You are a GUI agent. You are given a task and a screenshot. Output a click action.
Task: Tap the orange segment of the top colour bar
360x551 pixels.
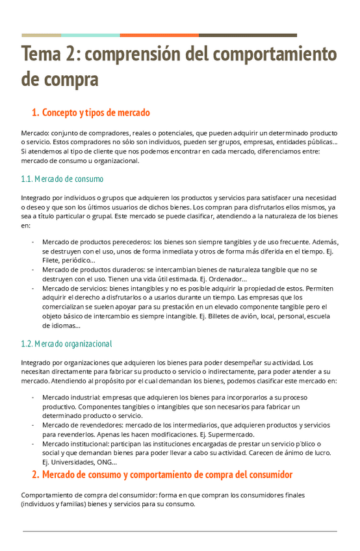click(x=159, y=35)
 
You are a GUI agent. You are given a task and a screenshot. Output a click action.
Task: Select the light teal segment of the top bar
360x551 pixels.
click(x=90, y=35)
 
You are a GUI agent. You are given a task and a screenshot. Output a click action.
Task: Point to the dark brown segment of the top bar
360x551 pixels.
click(x=248, y=35)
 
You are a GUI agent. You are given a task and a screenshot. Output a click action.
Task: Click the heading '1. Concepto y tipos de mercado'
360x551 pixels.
click(x=91, y=112)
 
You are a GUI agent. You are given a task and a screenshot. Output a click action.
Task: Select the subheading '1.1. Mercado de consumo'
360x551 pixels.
click(x=62, y=179)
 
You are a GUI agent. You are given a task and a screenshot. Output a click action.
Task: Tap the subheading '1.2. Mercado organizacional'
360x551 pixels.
click(x=66, y=343)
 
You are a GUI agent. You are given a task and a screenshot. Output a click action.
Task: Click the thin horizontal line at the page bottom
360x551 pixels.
click(x=180, y=531)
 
